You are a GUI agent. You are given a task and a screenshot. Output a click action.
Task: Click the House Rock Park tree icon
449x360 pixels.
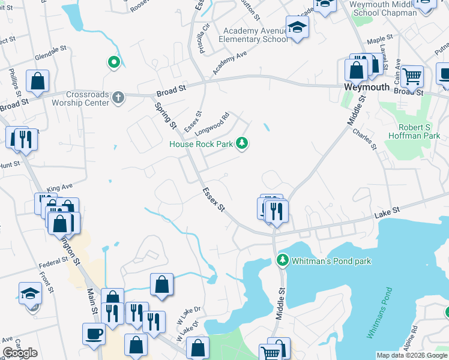coord(241,143)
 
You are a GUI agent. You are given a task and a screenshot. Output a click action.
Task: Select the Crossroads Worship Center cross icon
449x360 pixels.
coord(119,97)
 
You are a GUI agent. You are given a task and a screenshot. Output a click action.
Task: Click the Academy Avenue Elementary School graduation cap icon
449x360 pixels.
coord(297,28)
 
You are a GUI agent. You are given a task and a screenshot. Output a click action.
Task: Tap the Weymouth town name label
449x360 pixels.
coord(367,87)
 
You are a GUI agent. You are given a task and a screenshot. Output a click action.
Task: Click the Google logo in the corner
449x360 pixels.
coord(20,353)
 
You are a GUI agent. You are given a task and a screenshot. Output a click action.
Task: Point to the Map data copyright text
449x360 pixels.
coord(412,355)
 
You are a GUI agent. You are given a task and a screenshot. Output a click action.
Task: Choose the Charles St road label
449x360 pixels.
coord(364,138)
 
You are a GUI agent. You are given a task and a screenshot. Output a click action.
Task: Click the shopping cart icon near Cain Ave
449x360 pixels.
coord(412,76)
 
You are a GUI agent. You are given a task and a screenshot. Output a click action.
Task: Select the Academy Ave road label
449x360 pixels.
coord(229,63)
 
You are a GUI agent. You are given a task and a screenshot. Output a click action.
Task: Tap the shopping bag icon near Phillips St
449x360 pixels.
coord(38,82)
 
